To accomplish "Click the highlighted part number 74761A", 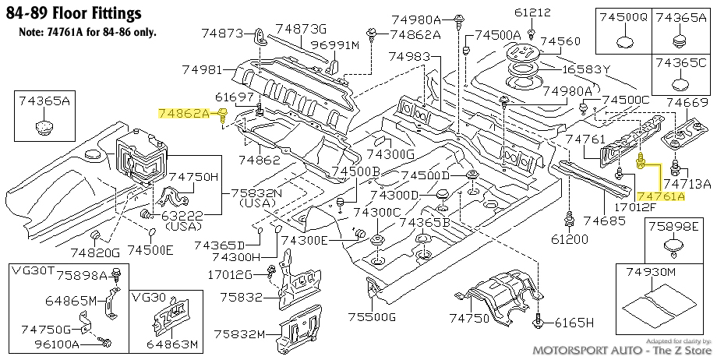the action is (661, 196).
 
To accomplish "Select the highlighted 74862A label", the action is (184, 114).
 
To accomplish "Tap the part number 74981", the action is (202, 70).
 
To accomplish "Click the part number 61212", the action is (532, 12).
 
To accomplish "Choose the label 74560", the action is (561, 41).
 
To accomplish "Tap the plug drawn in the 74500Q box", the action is (624, 43).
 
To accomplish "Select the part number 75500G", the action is (371, 316).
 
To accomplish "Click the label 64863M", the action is (175, 344).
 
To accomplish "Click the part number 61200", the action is (569, 238).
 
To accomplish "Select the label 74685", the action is (604, 221).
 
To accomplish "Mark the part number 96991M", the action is (335, 45).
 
